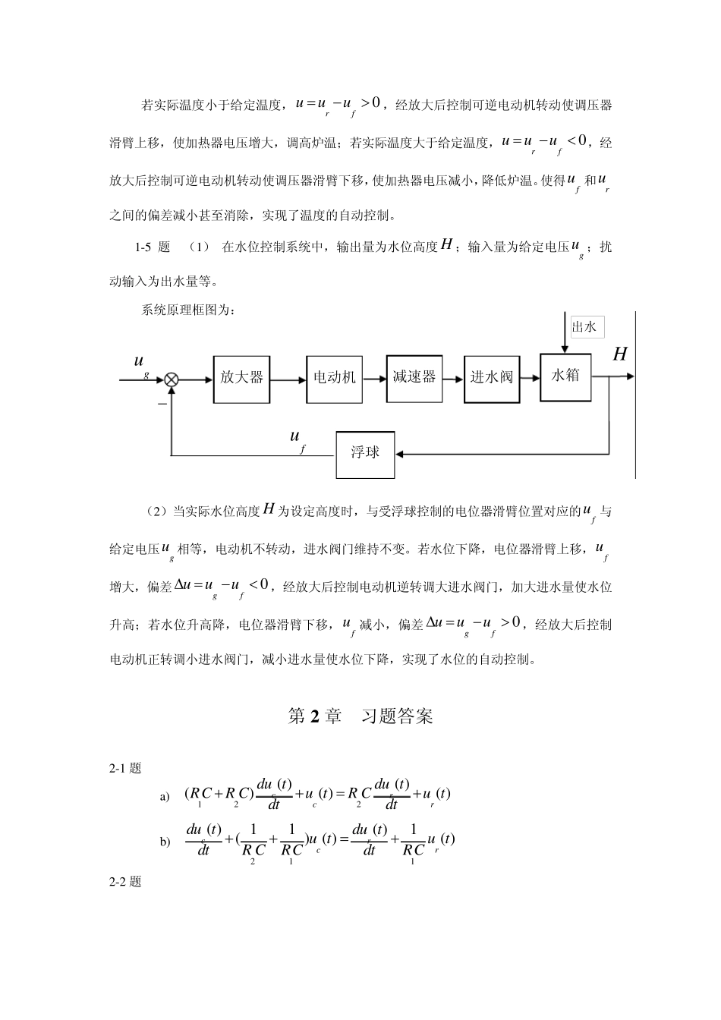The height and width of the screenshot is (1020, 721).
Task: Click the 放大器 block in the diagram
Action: pos(241,377)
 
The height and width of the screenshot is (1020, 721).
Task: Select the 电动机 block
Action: pos(335,377)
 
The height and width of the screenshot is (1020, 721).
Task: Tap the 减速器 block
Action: pos(414,376)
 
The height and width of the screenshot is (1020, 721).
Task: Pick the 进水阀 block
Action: pos(492,377)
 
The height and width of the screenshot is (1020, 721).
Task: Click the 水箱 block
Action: pos(565,376)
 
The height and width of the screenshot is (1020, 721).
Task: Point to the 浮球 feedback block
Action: pos(365,453)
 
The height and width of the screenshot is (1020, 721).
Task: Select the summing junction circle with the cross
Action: pos(172,379)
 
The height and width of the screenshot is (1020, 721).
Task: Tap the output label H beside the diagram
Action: pos(620,354)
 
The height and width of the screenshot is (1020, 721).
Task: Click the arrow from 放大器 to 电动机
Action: pos(288,379)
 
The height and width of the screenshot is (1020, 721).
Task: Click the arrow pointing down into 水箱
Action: pos(564,334)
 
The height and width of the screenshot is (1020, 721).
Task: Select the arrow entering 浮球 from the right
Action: pos(501,454)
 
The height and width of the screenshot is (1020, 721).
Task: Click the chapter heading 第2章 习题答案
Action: pos(360,716)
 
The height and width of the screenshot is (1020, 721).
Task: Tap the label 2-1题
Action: pos(126,768)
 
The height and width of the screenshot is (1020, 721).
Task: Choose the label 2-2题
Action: pos(126,882)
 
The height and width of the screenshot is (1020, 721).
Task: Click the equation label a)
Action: pos(165,796)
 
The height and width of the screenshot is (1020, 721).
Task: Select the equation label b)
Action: pos(165,842)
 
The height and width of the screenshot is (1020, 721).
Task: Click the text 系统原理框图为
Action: pos(188,310)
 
